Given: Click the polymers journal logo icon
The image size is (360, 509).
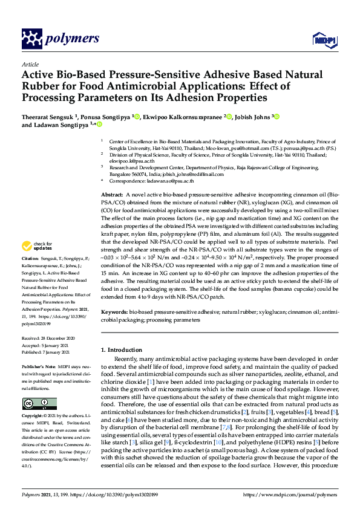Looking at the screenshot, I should [31, 39].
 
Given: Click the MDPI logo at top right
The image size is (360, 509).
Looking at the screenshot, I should [321, 40].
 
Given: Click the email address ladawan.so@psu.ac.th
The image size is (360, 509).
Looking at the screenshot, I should [172, 181].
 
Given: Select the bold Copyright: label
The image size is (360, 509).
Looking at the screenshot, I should [34, 417].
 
